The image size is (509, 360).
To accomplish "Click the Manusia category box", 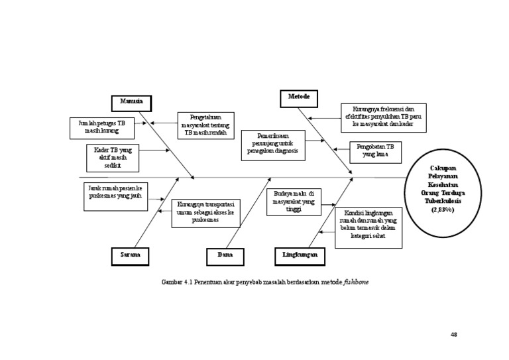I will coord(131,103).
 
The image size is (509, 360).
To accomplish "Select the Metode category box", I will coord(298,97).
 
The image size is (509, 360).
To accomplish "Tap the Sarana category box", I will coord(129,255).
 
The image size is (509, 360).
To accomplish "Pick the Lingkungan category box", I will coord(299,255).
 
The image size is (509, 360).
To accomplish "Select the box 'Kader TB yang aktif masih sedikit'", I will coord(112,158).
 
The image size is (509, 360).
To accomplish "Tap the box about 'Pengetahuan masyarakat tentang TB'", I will coord(205,125).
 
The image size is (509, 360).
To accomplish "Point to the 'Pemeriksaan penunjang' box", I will coord(273,145).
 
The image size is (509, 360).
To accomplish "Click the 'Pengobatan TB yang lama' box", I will coord(376,152).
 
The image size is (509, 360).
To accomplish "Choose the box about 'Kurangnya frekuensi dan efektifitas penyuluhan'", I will coord(384,117).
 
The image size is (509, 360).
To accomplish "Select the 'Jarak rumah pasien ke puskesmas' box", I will coord(115,197).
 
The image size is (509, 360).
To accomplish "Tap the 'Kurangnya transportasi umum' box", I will coord(206,213).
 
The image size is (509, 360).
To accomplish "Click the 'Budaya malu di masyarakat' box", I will coord(294,202).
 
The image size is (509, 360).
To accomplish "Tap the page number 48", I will coord(453,334).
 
